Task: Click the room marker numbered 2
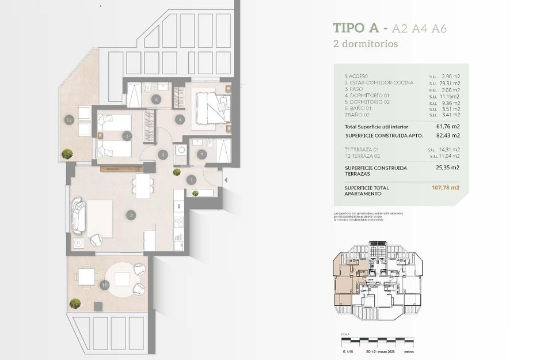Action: (x=132, y=215)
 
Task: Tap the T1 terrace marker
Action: (x=104, y=285)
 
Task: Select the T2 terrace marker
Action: (x=69, y=120)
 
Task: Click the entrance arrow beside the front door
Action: (x=225, y=180)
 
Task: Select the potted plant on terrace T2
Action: (x=67, y=153)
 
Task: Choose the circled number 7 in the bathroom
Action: (x=201, y=154)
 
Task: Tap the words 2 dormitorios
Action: (x=365, y=44)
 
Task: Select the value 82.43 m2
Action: (x=448, y=136)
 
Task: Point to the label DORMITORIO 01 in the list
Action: (x=367, y=96)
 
